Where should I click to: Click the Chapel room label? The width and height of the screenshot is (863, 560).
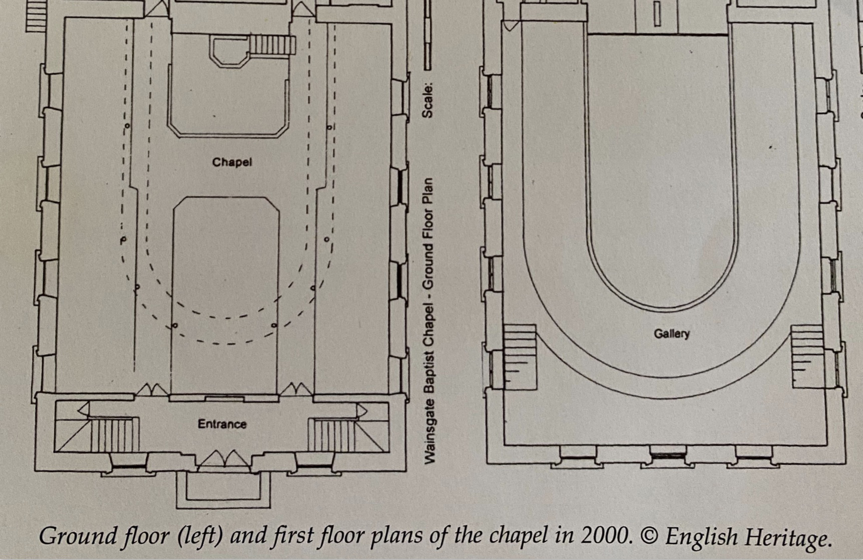click(x=232, y=162)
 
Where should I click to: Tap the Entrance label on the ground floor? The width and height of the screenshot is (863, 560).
click(x=222, y=424)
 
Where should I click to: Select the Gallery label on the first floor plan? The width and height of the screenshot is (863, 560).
click(x=671, y=334)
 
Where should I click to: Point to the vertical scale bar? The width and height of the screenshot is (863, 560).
click(x=427, y=35)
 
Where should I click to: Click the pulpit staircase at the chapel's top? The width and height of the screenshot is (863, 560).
click(x=272, y=46)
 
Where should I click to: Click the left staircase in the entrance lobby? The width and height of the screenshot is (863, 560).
click(x=113, y=434)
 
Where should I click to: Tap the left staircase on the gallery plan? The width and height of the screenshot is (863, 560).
click(x=520, y=357)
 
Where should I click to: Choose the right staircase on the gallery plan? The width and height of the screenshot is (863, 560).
click(x=807, y=356)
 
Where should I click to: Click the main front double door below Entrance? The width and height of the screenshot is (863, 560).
click(x=224, y=460)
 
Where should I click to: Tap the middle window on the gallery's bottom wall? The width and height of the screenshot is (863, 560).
click(x=668, y=455)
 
